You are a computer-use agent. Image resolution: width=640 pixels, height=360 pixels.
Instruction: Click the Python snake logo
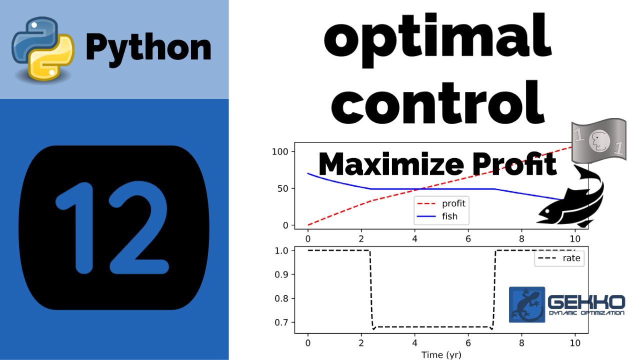[x=43, y=48]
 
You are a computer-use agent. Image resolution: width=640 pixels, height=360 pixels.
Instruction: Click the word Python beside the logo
[x=148, y=48]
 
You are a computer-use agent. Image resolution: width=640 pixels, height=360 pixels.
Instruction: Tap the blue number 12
[x=112, y=227]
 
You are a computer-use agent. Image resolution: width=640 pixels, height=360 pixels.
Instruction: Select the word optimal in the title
[x=437, y=40]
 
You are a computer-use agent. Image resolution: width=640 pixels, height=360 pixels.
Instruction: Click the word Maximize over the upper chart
[x=391, y=164]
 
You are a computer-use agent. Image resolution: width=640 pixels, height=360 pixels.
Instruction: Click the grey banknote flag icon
[x=599, y=140]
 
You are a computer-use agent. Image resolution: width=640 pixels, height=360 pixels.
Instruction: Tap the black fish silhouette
[x=571, y=197]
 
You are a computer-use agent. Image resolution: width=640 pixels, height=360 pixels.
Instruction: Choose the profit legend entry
[x=441, y=203]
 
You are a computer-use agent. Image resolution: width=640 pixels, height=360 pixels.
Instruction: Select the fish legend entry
[x=437, y=216]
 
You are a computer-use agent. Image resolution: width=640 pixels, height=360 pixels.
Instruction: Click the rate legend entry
[x=559, y=258]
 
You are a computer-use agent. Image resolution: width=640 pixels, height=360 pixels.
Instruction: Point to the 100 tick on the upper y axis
[x=280, y=151]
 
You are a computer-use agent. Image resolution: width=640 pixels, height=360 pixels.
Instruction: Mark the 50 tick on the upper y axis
[x=283, y=188]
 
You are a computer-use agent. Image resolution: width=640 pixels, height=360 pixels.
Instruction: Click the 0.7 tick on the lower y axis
[x=281, y=322]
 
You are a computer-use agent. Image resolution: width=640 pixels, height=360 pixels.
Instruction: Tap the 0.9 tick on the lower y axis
[x=281, y=274]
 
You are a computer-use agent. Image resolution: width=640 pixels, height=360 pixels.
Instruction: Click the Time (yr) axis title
[x=441, y=355]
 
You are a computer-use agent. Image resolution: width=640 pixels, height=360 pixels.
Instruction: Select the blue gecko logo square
[x=527, y=304]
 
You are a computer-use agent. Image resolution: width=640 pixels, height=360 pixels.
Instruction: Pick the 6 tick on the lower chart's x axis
[x=468, y=343]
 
